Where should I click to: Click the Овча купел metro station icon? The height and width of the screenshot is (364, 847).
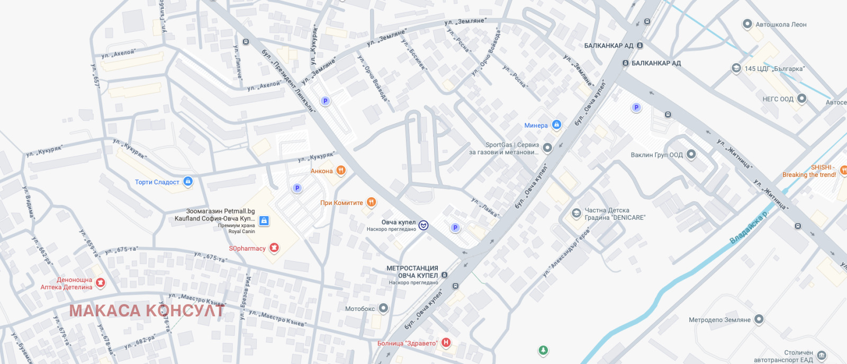424,226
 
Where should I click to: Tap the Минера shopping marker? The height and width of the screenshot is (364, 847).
556,125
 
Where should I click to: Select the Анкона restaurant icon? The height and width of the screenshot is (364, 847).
341,171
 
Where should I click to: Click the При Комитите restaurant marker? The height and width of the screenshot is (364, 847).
372,202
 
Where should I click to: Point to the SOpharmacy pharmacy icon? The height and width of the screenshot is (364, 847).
274,248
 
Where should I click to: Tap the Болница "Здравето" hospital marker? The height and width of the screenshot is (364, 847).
446,343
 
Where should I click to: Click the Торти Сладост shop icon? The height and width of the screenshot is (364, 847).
188,182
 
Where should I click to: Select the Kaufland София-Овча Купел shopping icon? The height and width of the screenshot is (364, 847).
264,221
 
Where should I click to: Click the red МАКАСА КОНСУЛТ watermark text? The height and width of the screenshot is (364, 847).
147,310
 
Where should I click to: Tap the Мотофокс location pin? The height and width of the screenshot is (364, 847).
384,308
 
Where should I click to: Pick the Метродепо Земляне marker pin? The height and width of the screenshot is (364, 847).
759,319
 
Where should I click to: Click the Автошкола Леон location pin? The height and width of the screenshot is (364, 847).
747,24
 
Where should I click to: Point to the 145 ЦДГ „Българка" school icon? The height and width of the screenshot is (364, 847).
736,68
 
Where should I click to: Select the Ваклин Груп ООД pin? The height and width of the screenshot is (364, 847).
691,155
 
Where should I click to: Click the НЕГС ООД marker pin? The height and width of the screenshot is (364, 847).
802,99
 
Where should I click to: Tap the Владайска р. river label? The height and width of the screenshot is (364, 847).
749,227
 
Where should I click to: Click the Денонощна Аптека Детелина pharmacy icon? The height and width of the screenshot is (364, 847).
101,283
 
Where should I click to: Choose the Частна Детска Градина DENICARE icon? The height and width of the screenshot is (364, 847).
576,214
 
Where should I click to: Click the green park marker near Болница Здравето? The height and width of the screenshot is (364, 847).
543,350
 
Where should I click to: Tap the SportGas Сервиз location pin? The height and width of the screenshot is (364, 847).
548,148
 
